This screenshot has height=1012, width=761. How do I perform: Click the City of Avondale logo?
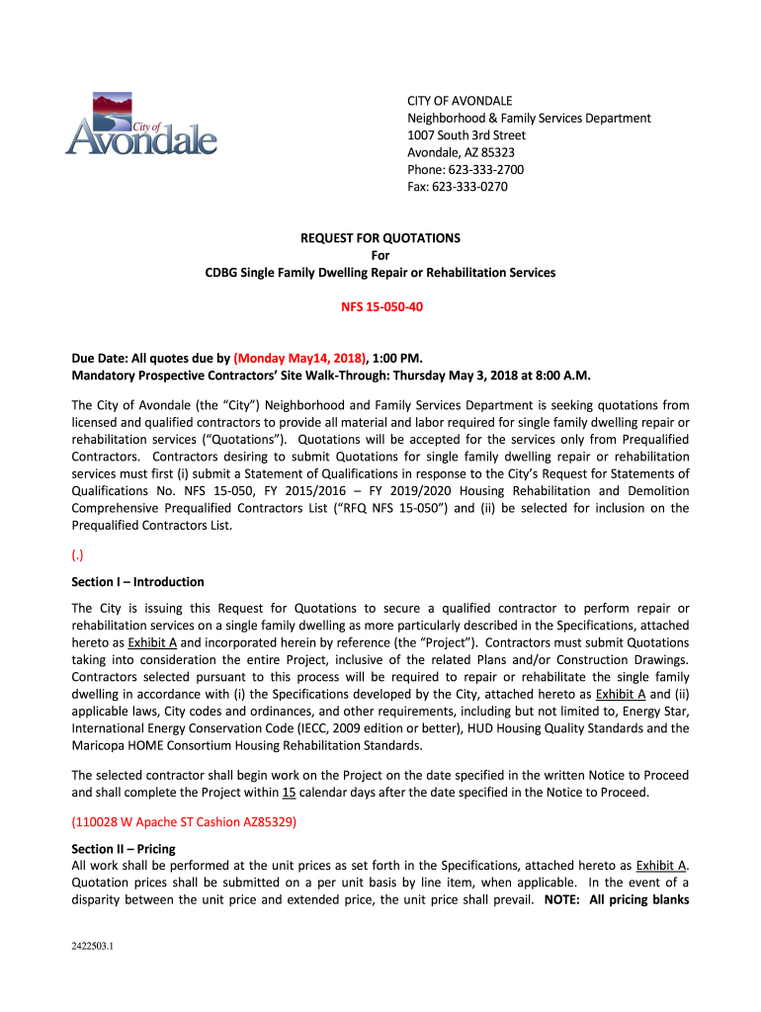140,125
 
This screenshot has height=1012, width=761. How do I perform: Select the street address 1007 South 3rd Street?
466,135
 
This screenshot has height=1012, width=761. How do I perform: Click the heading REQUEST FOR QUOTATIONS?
380,238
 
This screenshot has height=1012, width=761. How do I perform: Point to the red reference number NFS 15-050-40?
380,306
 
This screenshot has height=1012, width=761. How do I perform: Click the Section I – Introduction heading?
137,582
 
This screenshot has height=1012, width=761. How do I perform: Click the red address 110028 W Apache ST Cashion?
184,822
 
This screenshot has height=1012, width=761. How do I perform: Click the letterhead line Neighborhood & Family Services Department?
529,118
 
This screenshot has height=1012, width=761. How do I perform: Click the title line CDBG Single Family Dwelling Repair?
380,272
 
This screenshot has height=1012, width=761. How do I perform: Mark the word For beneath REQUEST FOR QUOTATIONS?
380,255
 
